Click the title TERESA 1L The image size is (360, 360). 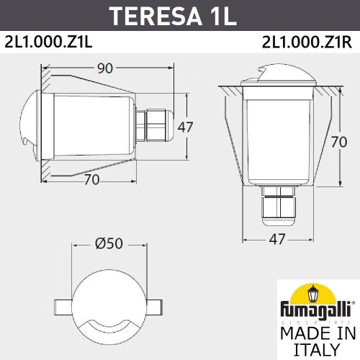(180, 15)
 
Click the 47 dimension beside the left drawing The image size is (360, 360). (186, 127)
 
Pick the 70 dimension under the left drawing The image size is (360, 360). (91, 181)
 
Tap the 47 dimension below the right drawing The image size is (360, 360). (276, 239)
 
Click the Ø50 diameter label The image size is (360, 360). (107, 244)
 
